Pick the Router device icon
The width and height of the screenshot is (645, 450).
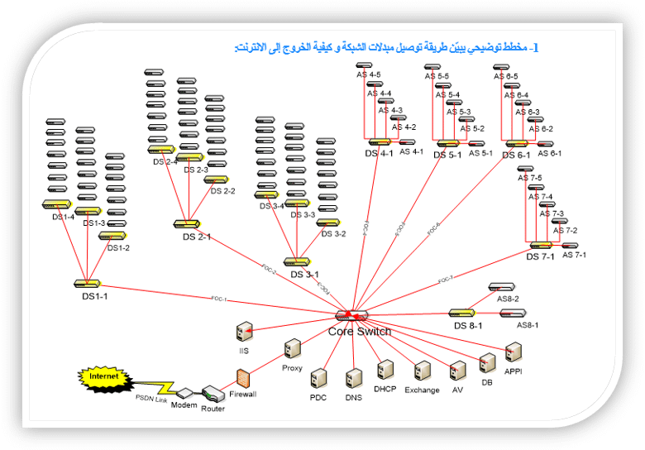[x=213, y=394]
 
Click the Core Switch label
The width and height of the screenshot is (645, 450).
[x=360, y=331]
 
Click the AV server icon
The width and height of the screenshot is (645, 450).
[x=457, y=371]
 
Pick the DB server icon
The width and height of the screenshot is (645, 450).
[x=487, y=363]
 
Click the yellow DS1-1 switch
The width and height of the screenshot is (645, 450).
[x=87, y=284]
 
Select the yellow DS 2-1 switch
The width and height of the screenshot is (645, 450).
[x=186, y=224]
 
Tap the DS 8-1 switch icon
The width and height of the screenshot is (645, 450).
[x=461, y=313]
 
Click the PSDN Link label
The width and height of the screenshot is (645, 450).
[x=151, y=399]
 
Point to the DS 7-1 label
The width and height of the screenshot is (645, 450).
[x=541, y=256]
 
